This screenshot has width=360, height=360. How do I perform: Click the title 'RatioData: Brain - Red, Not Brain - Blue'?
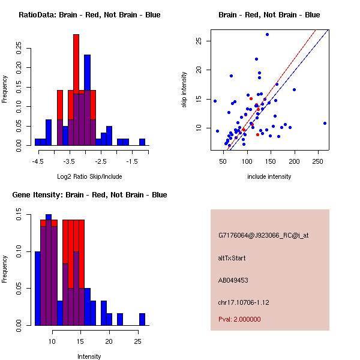coord(89,15)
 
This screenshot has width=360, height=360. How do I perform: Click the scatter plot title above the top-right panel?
coord(269,15)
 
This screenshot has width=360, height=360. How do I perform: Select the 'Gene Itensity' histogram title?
coord(89,195)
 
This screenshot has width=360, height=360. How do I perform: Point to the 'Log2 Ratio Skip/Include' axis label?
coord(89,177)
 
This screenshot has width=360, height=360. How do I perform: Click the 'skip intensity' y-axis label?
coord(185,90)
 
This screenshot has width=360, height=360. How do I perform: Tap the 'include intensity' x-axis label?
coord(269,177)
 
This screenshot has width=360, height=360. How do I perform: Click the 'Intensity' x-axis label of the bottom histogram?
coord(89,356)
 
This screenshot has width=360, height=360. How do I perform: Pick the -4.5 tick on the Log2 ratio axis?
coord(38,161)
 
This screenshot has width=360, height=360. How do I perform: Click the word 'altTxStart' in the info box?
coord(232,258)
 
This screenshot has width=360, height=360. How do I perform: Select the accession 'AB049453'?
coord(233,280)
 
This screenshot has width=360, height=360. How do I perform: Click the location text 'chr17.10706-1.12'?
coord(244,302)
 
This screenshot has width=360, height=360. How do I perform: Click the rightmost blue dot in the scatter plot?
coord(325,123)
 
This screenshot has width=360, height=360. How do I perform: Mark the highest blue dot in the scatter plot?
coord(267,34)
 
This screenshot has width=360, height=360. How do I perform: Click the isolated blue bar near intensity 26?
coord(142,319)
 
